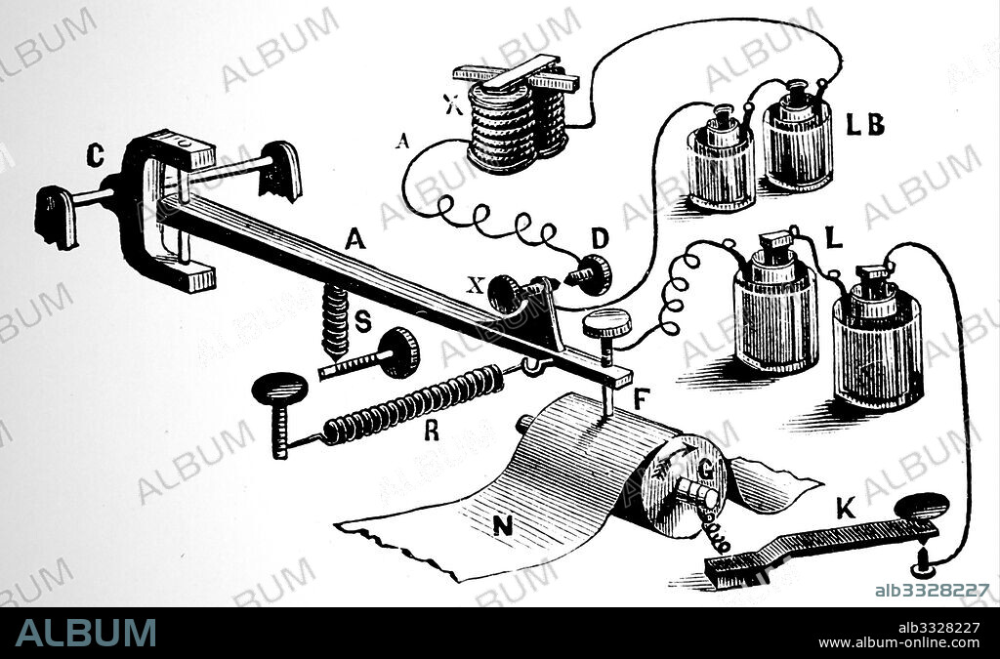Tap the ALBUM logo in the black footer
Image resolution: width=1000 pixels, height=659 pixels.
pos(85,633)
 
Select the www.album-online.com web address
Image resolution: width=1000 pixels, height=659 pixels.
pos(898,642)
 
